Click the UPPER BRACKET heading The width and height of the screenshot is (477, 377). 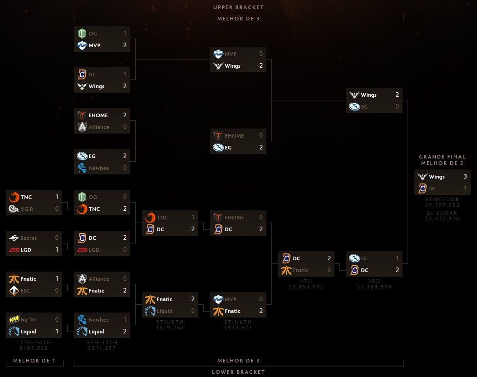(239, 7)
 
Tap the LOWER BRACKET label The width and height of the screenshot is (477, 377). (239, 372)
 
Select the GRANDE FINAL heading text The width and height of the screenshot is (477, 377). (443, 157)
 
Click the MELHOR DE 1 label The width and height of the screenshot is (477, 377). (34, 361)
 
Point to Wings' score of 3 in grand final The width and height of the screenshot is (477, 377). (465, 176)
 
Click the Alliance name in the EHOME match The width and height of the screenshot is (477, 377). (99, 127)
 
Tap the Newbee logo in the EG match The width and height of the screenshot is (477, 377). (82, 168)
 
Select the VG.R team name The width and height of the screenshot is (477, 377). (27, 209)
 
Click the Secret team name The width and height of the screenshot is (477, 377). (29, 238)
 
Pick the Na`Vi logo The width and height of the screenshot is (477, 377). (14, 319)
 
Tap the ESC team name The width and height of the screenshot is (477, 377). (25, 291)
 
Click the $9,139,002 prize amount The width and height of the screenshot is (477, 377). (443, 205)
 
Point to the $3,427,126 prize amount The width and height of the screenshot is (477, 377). (443, 218)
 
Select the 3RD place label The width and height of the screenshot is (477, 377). (374, 281)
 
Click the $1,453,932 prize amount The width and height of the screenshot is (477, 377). (306, 287)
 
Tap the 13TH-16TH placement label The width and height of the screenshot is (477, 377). (34, 342)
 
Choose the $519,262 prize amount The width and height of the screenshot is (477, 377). (170, 327)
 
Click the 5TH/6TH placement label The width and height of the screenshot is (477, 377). (238, 322)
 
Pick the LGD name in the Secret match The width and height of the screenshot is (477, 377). (26, 250)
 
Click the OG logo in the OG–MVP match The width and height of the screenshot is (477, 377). (82, 33)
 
